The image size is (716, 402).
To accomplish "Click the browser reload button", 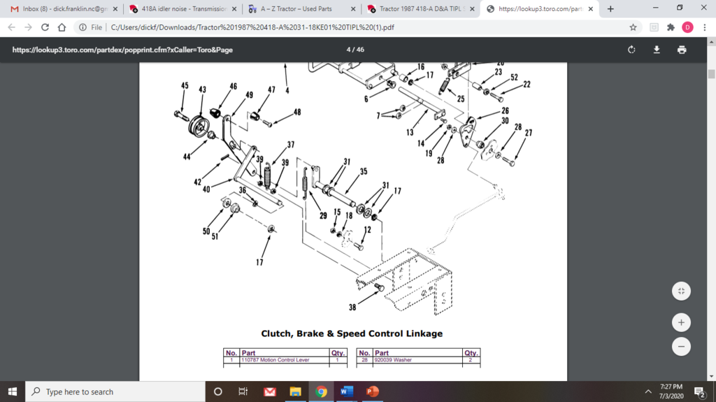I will pos(45,27).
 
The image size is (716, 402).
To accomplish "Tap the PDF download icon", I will pos(657,50).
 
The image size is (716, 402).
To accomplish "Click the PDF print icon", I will pos(682,50).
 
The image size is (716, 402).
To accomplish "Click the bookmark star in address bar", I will pos(633,27).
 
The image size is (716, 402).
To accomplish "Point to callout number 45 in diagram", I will pos(185,86).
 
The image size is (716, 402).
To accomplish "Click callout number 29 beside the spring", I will pos(323,216).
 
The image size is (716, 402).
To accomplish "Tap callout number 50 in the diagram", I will pos(206,231).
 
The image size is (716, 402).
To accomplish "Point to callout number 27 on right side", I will pos(529,133).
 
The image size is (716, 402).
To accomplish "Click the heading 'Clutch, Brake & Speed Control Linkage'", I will pos(352,333).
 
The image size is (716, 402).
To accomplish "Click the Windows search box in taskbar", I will pos(115,392).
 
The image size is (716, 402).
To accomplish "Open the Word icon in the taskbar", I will pos(346,392).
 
